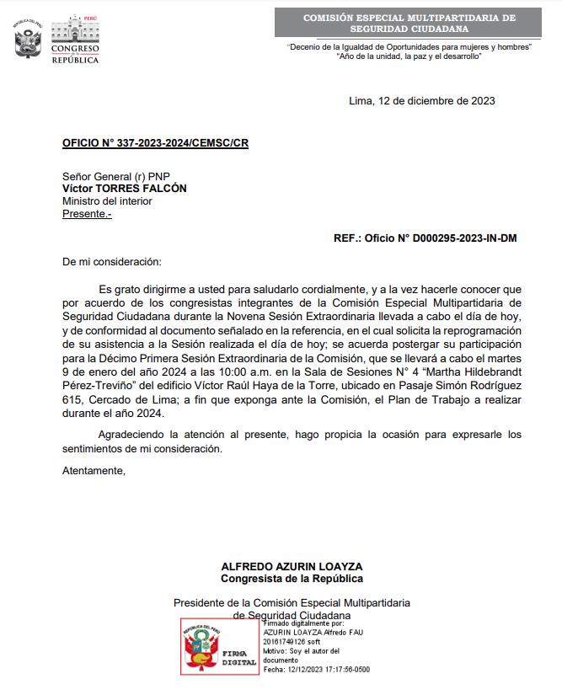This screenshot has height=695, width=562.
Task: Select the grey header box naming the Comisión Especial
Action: pyautogui.click(x=409, y=23)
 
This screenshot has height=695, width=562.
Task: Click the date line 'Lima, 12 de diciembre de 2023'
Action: pyautogui.click(x=421, y=101)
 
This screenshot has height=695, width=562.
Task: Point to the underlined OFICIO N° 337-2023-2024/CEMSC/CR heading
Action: pyautogui.click(x=155, y=143)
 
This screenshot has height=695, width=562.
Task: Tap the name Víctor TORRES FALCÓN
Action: pyautogui.click(x=125, y=189)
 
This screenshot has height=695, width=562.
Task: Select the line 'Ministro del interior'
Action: pyautogui.click(x=107, y=201)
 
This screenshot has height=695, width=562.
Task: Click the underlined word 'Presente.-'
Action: pyautogui.click(x=87, y=214)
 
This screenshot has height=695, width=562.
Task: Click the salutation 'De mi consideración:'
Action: pyautogui.click(x=111, y=263)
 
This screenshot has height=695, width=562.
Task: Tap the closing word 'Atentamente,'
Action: pyautogui.click(x=94, y=470)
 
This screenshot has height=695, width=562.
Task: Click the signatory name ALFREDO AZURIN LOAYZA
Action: pyautogui.click(x=292, y=566)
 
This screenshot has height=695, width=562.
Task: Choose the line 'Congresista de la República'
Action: pyautogui.click(x=292, y=579)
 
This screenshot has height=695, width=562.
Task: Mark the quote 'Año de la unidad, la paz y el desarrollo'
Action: pyautogui.click(x=409, y=56)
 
